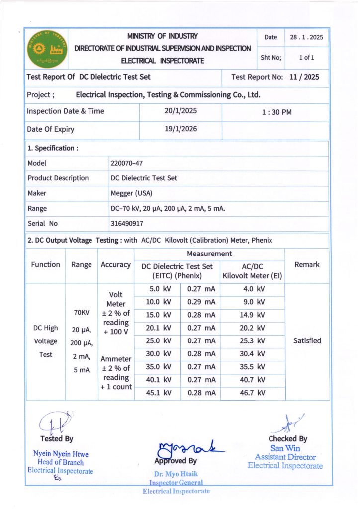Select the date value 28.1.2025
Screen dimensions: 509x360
point(307,37)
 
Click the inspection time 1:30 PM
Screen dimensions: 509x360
point(276,112)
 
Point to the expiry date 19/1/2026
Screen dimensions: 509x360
point(180,129)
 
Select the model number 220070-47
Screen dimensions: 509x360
point(127,163)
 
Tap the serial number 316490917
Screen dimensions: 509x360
point(127,224)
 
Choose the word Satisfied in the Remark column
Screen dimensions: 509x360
point(307,341)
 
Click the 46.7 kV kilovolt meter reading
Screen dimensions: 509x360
point(253,393)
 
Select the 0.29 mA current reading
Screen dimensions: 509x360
point(201,302)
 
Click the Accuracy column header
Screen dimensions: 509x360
point(116,265)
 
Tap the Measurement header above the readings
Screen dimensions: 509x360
point(209,254)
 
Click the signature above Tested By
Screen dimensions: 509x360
point(54,423)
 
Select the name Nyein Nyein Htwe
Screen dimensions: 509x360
point(61,454)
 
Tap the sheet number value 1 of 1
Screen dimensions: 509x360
point(306,58)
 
